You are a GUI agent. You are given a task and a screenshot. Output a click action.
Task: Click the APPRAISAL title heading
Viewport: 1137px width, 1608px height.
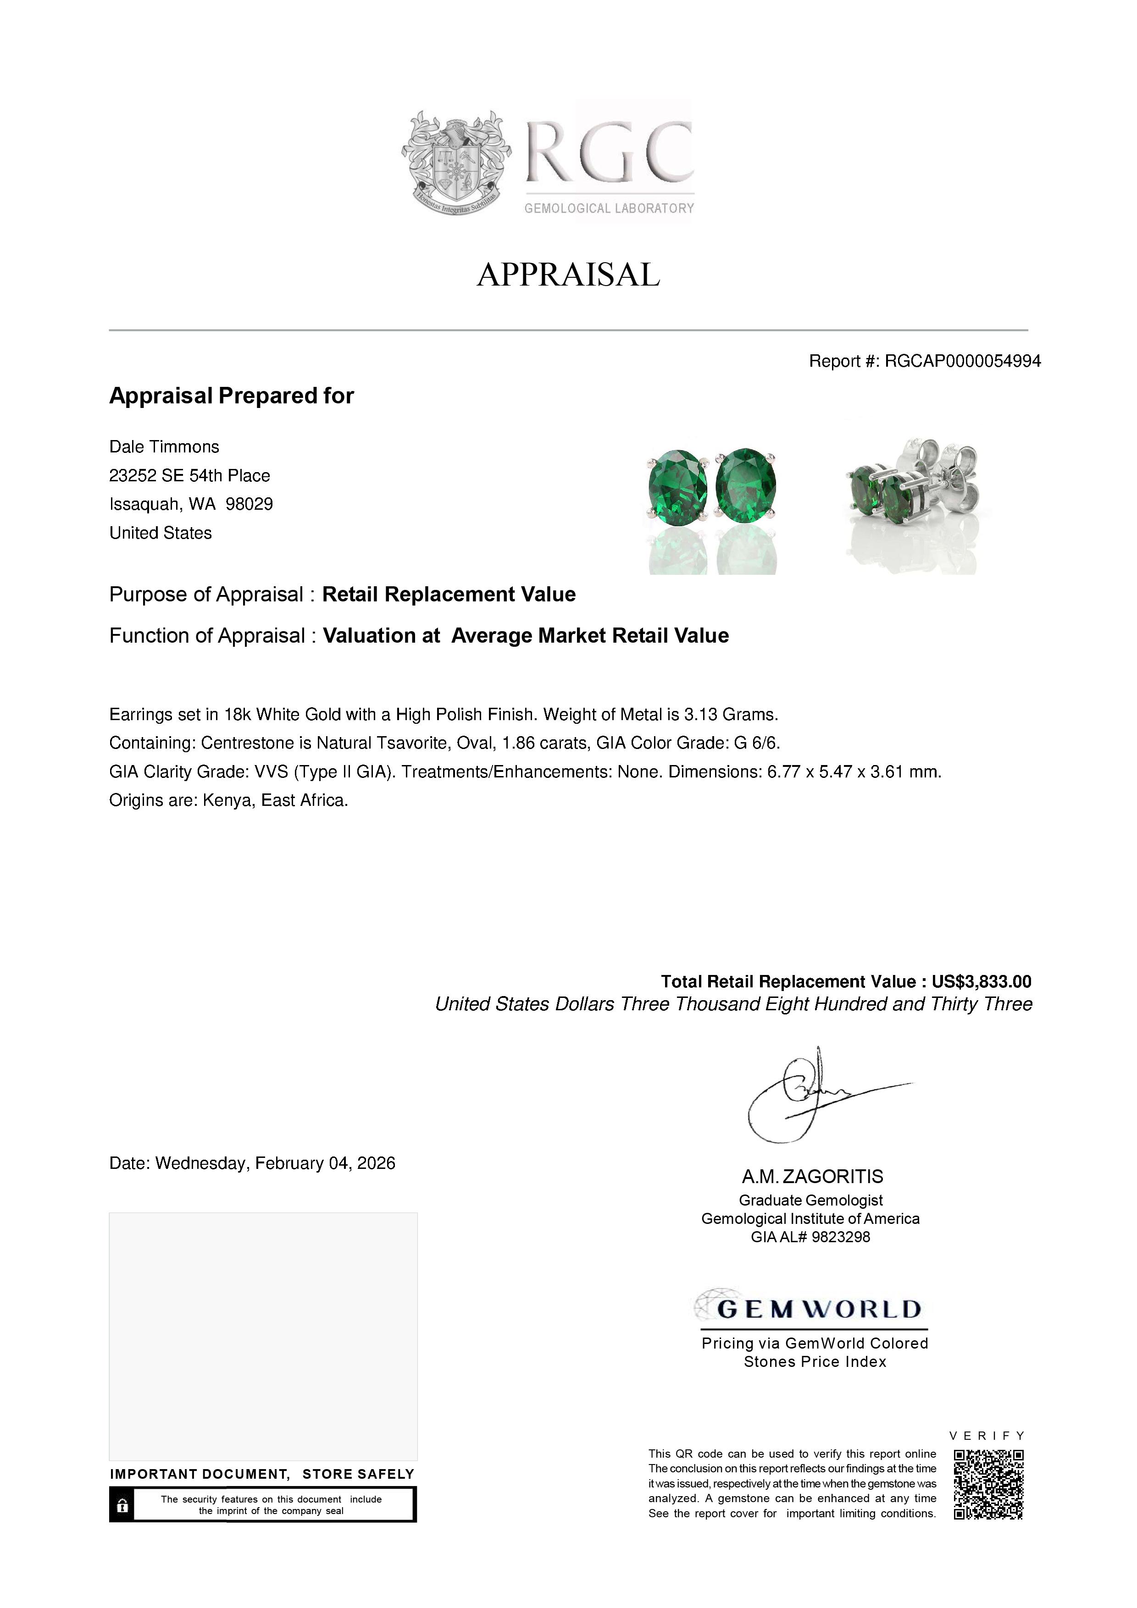[568, 275]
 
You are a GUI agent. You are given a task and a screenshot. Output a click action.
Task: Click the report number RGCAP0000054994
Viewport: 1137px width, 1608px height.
[963, 361]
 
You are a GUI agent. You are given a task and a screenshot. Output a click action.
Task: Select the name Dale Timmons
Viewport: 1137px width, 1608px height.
[164, 447]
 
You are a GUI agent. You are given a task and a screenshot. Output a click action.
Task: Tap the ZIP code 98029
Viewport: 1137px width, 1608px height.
[250, 504]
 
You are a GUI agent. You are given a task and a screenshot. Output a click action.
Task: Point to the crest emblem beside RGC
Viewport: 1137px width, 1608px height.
[455, 162]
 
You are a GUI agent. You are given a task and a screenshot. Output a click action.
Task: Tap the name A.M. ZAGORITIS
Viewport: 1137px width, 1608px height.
[813, 1177]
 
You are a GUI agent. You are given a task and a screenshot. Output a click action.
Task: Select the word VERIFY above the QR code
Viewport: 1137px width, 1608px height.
[987, 1436]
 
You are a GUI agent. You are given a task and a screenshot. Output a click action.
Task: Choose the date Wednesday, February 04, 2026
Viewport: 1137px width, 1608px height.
[275, 1163]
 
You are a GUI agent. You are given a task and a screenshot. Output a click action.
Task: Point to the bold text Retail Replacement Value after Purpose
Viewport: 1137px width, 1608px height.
[449, 595]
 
